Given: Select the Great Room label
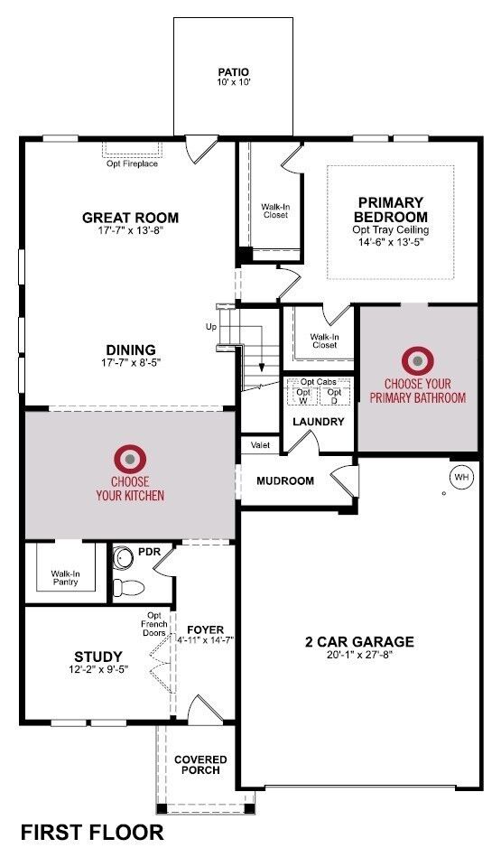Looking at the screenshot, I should point(130,218).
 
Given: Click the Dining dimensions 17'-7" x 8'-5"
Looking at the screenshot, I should point(130,364).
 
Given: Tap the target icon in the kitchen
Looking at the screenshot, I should point(130,460).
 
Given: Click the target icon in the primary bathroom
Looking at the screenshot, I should point(418,361).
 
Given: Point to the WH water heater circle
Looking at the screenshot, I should point(461,476).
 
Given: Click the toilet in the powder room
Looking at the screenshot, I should point(129,585).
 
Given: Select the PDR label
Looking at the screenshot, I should point(148,551).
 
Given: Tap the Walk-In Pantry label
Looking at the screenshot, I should point(64,577).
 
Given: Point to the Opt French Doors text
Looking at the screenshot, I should point(153,624).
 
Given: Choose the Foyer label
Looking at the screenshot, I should point(205,629).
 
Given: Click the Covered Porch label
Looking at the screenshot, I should point(200,764).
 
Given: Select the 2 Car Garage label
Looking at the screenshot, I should point(359,642).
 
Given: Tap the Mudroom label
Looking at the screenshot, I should point(285,480).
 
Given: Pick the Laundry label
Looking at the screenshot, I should point(318,422).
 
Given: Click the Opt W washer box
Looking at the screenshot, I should point(303,396).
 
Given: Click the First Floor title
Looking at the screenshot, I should point(92,832).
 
